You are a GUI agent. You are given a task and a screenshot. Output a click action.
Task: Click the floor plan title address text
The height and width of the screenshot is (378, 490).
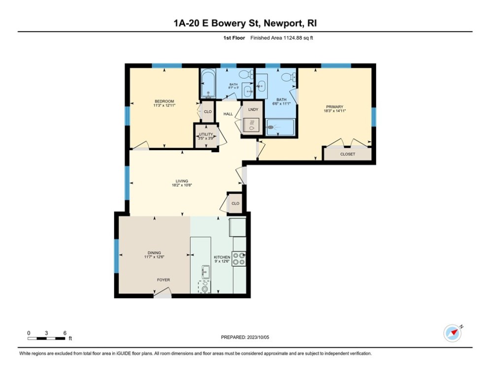245,23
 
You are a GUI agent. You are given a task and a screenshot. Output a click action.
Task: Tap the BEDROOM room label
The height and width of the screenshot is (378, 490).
164,101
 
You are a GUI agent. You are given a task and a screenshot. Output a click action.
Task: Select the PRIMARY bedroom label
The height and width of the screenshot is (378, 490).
334,107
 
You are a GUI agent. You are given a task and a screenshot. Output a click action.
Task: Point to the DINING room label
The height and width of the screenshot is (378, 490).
154,252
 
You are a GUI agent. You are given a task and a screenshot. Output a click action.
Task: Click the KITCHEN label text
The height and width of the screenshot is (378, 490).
222,257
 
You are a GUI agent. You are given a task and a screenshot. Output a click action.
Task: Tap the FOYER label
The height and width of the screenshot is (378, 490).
163,280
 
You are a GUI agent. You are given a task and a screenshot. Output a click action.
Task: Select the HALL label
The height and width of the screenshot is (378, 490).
228,114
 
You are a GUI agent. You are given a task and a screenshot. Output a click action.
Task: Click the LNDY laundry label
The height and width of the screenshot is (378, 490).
253,109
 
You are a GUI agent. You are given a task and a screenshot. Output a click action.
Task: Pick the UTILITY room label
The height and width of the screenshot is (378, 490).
206,134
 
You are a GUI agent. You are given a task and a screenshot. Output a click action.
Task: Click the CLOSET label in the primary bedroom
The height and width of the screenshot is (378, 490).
347,154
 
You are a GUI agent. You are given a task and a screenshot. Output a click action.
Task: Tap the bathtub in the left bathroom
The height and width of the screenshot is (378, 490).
208,84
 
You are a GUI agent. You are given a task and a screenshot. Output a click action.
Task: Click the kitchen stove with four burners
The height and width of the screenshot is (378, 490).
239,259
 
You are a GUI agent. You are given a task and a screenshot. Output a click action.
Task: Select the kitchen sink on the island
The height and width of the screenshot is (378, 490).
205,271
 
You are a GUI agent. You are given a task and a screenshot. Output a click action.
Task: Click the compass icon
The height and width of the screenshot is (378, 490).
452,333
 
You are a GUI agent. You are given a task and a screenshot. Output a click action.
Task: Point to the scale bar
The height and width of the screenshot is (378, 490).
46,338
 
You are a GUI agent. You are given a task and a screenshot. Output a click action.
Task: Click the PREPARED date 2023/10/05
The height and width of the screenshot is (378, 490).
245,337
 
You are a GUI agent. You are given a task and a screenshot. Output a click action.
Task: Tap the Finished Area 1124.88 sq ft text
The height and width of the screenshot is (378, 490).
282,38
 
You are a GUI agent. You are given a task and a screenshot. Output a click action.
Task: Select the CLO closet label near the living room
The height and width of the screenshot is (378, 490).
235,203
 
